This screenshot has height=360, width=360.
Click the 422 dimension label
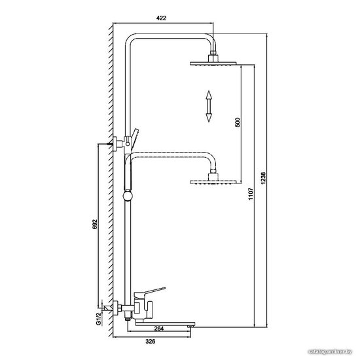pyautogui.click(x=161, y=18)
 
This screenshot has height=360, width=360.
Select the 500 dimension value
pyautogui.click(x=238, y=122)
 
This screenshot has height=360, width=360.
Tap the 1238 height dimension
pyautogui.click(x=263, y=178)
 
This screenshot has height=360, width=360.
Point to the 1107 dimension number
pyautogui.click(x=251, y=194)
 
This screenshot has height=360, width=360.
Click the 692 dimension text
pyautogui.click(x=95, y=225)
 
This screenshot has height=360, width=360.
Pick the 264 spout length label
pyautogui.click(x=159, y=329)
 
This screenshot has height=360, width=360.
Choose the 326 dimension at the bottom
pyautogui.click(x=151, y=342)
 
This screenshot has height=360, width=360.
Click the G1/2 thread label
pyautogui.click(x=98, y=319)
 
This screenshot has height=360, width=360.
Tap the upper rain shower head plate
pyautogui.click(x=213, y=63)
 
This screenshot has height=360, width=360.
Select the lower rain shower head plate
pyautogui.click(x=213, y=182)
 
